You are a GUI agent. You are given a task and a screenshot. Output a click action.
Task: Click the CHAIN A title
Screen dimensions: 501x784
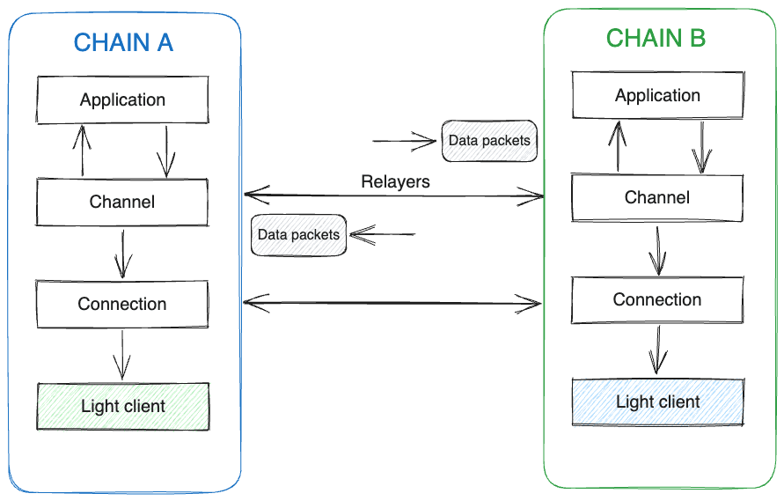click(x=123, y=42)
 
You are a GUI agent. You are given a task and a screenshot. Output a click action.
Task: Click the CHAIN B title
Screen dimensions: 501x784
click(x=656, y=39)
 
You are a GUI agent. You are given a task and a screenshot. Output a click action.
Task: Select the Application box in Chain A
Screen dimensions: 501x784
click(x=122, y=99)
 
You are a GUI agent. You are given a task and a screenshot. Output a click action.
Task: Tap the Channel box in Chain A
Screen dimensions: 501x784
click(x=122, y=202)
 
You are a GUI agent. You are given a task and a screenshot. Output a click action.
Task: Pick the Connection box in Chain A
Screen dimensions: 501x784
click(x=122, y=304)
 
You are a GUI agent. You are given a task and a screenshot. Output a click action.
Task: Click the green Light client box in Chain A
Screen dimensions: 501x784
click(x=122, y=406)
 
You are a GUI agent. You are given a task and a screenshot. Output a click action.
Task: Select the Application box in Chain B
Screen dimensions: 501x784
click(x=657, y=95)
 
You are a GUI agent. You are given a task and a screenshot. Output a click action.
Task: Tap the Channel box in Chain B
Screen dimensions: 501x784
click(x=657, y=197)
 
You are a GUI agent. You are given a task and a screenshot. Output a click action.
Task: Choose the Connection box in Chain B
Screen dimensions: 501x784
click(x=657, y=299)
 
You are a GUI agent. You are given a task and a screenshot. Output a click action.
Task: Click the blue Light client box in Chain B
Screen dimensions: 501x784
click(x=657, y=402)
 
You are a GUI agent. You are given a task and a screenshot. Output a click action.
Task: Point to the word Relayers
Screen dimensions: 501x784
click(x=395, y=182)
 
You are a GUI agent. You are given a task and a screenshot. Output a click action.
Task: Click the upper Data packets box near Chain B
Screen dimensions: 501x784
click(x=489, y=141)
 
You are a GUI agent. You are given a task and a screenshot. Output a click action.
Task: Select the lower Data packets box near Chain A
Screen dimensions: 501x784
click(x=298, y=235)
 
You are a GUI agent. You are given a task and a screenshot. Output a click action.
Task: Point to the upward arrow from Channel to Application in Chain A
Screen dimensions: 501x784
click(x=84, y=151)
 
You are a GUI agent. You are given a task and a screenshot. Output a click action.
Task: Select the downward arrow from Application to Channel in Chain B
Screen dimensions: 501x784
click(x=701, y=147)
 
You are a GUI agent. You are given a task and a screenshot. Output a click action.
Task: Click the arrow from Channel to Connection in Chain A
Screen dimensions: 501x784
click(x=123, y=254)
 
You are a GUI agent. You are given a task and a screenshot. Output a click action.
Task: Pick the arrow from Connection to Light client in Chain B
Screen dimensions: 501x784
click(x=656, y=350)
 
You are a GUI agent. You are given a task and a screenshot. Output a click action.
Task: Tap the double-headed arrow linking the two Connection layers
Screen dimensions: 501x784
click(x=392, y=304)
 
